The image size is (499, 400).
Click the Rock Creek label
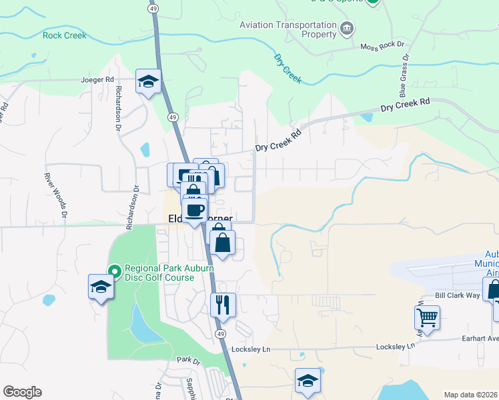(65, 35)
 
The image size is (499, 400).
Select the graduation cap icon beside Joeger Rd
(148, 82)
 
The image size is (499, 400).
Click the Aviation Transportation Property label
(288, 29)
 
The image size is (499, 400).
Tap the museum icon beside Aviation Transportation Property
(347, 28)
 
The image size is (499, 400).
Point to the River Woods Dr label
(56, 195)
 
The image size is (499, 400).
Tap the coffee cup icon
(195, 210)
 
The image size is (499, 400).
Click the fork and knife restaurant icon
(222, 305)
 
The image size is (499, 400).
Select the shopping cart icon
(427, 318)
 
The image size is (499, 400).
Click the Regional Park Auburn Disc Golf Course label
(168, 273)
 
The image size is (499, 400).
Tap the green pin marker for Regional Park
(114, 271)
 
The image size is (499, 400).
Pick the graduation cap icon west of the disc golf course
(101, 287)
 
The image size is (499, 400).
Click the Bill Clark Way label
(458, 295)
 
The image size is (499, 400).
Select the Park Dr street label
(189, 361)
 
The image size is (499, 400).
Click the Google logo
(22, 392)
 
